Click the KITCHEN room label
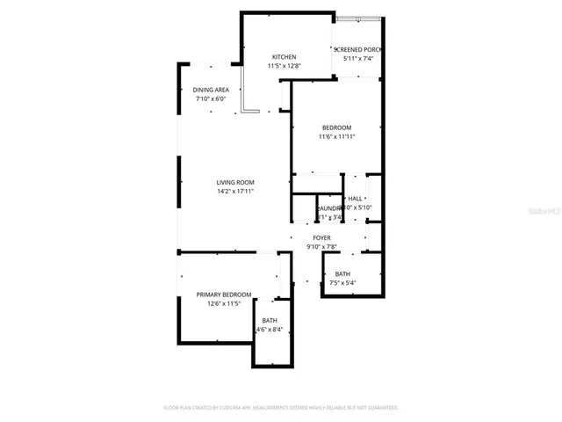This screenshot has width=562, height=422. point(284,57)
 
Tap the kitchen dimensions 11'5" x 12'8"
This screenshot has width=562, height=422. point(284,66)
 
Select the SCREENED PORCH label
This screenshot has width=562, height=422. point(359,49)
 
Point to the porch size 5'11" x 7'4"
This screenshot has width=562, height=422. point(358,58)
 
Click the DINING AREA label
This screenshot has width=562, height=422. point(211,90)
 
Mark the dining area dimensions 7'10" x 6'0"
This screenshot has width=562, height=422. point(211,98)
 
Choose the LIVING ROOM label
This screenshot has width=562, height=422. point(235,182)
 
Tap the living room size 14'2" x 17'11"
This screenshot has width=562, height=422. point(235,191)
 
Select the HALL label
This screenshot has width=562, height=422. point(356,199)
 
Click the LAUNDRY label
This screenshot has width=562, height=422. point(328,208)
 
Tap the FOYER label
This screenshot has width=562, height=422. point(321,237)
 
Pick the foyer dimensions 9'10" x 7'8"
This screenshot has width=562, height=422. point(321,246)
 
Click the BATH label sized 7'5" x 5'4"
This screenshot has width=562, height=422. point(342,274)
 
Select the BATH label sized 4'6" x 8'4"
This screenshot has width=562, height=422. point(269,321)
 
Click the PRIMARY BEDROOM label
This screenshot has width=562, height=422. point(223,295)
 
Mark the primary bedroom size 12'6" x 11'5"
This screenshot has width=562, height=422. point(223,303)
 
